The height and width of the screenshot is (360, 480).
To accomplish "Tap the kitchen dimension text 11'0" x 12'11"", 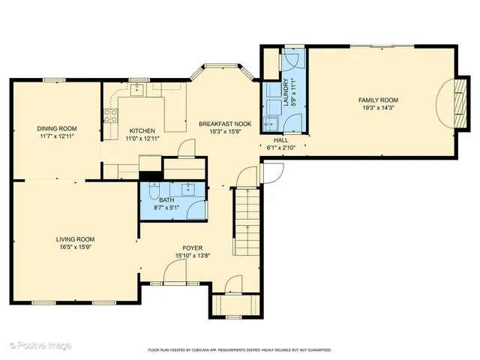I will coord(142,138).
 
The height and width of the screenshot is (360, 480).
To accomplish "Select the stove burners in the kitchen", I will coord(110,115).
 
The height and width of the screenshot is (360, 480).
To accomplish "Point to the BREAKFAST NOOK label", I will coord(225,123).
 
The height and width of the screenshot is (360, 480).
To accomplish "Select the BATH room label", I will coord(165,200).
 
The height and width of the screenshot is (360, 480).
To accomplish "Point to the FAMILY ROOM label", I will coord(377,100).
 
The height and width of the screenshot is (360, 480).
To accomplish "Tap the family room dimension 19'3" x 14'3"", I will coord(377,108).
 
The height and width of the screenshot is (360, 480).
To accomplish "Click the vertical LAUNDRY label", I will coord(286,92).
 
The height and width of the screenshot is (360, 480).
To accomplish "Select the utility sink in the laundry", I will coord(271,123).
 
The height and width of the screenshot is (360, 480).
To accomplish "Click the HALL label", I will coord(280,140).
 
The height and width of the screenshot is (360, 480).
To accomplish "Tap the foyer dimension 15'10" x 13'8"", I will coord(193,256).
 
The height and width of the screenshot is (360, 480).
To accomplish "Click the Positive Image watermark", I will coord(40,345).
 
